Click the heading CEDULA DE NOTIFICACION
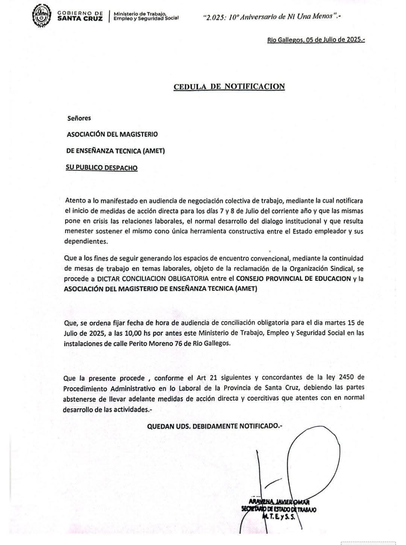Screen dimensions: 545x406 [x=229, y=87]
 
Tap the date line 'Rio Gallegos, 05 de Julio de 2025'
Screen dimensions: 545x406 [x=316, y=39]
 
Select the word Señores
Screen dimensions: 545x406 [x=79, y=118]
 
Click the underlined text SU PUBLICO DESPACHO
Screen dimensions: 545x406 [x=101, y=168]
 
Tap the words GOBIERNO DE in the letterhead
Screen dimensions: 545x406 [x=80, y=13]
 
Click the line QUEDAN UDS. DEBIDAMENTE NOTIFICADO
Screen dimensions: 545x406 [x=214, y=426]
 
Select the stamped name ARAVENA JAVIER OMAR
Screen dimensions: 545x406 [x=279, y=502]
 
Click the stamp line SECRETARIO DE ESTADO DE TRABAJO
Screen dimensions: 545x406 [x=279, y=509]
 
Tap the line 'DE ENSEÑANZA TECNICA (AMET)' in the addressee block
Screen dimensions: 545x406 [x=115, y=151]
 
